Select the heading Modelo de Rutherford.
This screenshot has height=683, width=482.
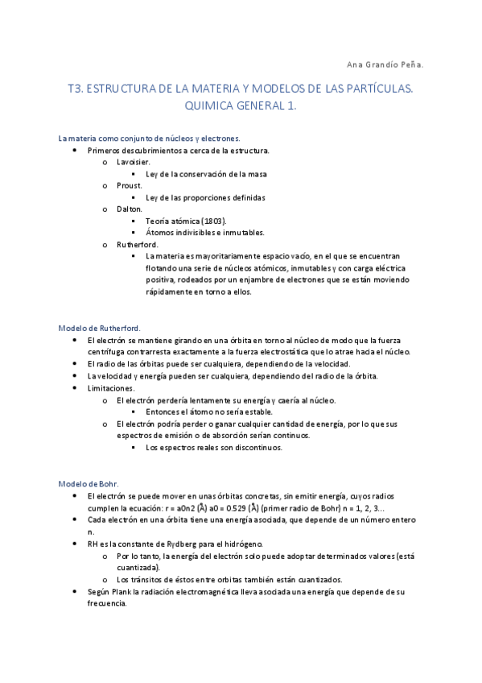(100, 328)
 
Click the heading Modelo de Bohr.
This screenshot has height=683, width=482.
(89, 483)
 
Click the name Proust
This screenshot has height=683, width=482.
(129, 185)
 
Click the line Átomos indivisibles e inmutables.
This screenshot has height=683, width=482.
(205, 232)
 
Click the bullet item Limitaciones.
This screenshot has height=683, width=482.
(111, 388)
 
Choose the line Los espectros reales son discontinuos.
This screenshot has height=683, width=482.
(214, 447)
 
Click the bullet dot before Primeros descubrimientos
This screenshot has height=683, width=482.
(74, 151)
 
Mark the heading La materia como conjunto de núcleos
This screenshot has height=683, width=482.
(149, 139)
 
